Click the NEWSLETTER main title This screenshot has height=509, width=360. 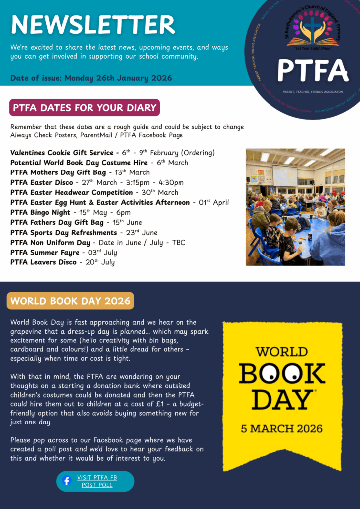[93, 24]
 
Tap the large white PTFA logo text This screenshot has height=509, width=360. [312, 70]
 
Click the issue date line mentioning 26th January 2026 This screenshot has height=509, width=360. [91, 78]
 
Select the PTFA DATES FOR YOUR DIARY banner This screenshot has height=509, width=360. [84, 108]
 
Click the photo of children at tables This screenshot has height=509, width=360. [295, 206]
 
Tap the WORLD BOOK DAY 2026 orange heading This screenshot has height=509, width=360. [70, 301]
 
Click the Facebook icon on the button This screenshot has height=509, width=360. [67, 481]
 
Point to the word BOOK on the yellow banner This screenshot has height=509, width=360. [282, 373]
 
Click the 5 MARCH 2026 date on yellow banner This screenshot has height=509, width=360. [282, 428]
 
